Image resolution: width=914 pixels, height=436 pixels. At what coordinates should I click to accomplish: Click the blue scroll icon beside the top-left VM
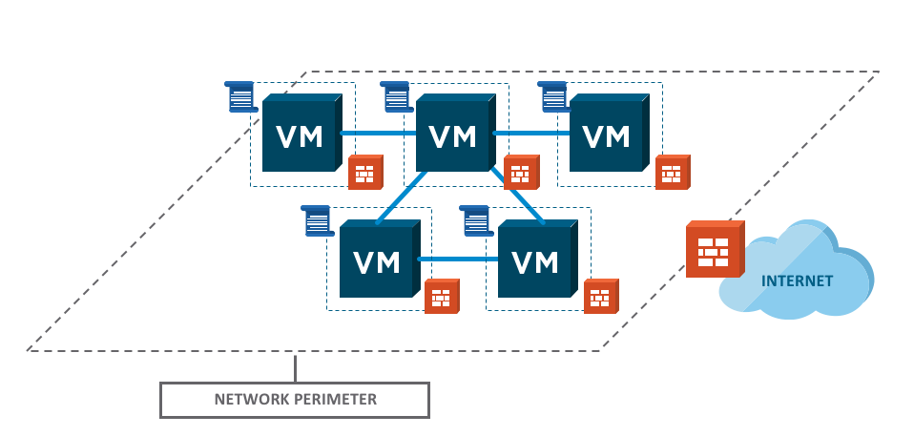click(242, 96)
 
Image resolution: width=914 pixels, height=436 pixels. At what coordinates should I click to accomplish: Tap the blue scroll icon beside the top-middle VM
click(397, 96)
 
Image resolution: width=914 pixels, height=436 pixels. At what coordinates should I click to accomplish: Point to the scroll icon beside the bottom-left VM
click(317, 220)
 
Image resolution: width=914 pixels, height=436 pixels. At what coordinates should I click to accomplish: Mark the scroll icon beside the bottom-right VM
click(475, 220)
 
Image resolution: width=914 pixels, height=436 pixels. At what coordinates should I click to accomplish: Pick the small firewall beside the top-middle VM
click(520, 172)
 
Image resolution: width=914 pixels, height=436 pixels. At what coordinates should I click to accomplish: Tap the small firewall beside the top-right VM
click(673, 172)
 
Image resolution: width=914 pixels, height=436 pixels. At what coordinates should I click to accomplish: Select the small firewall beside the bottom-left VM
click(441, 297)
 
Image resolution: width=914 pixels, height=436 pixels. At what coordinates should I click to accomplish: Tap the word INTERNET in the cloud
click(797, 280)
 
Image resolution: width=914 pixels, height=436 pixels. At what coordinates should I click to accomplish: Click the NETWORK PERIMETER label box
click(294, 399)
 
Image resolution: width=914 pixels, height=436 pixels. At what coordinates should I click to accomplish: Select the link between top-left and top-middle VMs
click(379, 134)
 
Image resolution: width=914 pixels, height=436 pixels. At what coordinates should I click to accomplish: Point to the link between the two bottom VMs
click(458, 258)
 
